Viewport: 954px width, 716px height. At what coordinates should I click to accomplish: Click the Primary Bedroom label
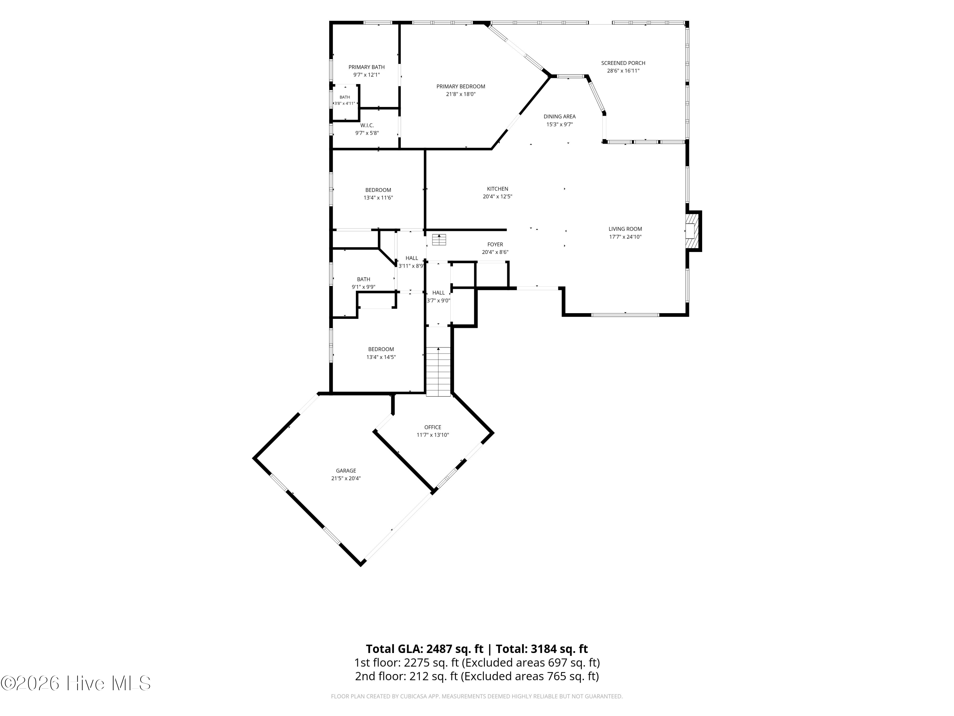[460, 86]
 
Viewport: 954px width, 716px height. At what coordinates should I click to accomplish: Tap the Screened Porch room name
[623, 63]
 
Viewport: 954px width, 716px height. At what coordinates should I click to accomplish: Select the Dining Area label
[559, 116]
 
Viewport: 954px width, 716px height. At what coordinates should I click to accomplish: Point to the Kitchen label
[497, 189]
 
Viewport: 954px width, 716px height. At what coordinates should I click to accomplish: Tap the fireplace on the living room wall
[693, 231]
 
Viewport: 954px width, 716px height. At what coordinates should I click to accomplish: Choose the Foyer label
[495, 245]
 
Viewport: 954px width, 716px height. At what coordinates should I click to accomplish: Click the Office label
[432, 427]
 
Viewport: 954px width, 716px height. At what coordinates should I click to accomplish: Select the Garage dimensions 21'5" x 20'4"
[343, 478]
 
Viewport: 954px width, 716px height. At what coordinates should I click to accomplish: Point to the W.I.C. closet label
[367, 125]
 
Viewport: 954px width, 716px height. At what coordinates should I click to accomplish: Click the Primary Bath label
[367, 67]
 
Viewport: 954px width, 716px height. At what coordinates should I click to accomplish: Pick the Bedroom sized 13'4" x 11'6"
[378, 190]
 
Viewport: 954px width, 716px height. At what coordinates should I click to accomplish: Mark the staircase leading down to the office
[438, 372]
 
